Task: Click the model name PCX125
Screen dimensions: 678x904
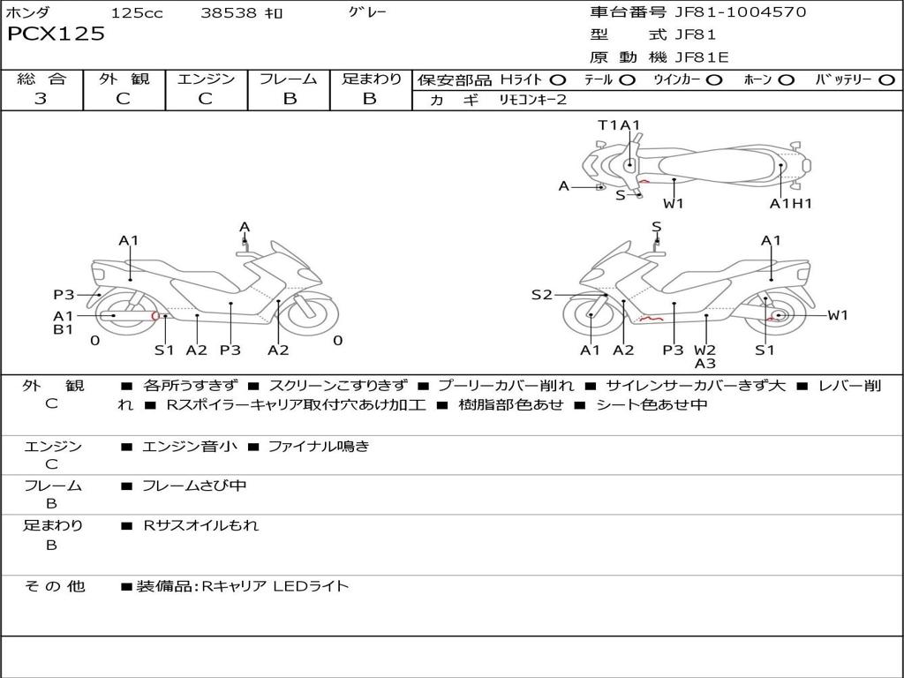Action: coord(56,34)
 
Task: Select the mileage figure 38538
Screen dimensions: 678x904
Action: coord(229,13)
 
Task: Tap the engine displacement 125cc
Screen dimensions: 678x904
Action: coord(137,13)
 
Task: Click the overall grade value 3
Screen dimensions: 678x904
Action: coord(41,99)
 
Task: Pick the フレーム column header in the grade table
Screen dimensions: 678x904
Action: coord(289,79)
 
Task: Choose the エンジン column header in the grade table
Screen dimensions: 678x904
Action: coord(206,79)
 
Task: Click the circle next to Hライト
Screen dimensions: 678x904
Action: coord(558,80)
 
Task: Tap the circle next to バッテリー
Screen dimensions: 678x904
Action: coord(886,80)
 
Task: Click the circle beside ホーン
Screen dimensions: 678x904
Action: coord(786,80)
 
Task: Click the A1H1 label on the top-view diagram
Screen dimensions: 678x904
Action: coord(790,204)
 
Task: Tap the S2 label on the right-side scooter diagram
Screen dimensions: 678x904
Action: coord(541,295)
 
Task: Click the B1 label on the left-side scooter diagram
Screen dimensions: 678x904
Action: coord(63,330)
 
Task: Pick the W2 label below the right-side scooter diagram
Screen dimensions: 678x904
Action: coord(704,350)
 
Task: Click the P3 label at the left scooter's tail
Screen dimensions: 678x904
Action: coord(64,295)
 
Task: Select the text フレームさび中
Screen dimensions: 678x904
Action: coord(194,486)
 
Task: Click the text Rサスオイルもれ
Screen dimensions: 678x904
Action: coord(201,525)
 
